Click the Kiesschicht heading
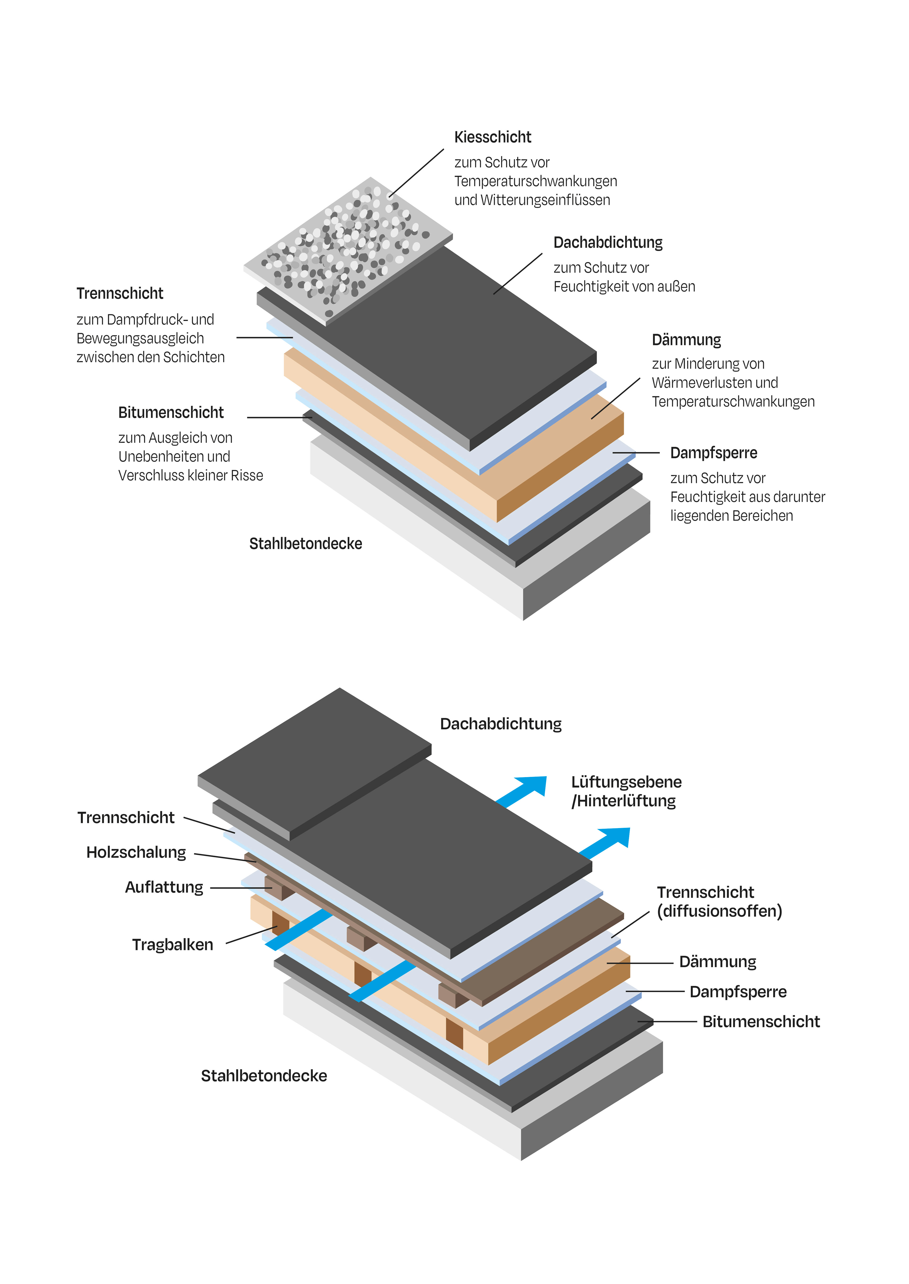pos(493,137)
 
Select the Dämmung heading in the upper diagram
pos(686,340)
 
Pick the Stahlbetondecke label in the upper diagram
pos(306,544)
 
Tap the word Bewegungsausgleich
pos(140,338)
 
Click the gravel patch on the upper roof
pos(347,246)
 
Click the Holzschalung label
pos(136,852)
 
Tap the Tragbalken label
pos(172,945)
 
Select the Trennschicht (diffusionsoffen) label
pos(719,901)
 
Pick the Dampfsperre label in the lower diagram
pos(738,992)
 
